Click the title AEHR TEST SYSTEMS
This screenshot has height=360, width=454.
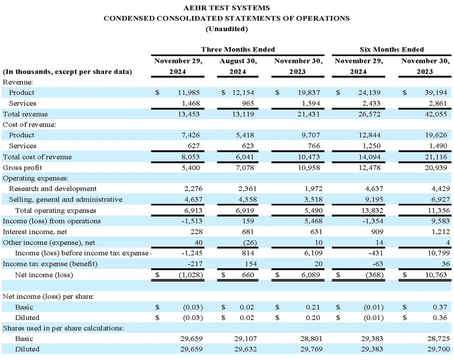(x=227, y=8)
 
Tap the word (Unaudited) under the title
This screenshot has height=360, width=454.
(x=227, y=28)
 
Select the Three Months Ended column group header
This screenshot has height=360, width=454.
(x=238, y=49)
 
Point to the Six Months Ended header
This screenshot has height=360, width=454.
(x=391, y=49)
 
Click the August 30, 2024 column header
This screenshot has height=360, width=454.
(x=238, y=66)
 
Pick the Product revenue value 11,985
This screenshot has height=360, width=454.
(x=192, y=93)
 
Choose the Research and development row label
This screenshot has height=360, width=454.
(x=53, y=189)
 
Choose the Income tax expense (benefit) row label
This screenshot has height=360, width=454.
(x=50, y=264)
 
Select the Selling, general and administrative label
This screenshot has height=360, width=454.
(x=65, y=200)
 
